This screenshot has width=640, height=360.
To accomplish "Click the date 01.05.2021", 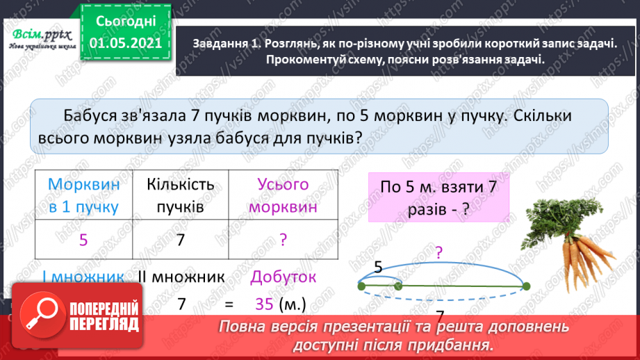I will pos(126,43).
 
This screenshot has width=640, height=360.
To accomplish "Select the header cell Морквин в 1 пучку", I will pos(83,195).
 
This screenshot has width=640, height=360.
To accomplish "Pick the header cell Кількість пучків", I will pos(180,195).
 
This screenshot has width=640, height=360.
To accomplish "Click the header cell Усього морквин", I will pos(282,195).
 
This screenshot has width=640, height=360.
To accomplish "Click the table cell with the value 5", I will pos(83,240).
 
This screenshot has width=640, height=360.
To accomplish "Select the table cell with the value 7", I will pos(180,240).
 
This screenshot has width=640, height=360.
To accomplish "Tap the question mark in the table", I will pos(283,240).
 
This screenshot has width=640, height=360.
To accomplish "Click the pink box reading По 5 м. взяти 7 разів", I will pos(438,197).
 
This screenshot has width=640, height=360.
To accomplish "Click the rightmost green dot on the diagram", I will pos(525,286).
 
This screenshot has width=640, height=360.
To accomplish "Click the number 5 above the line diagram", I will pos(378,265).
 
